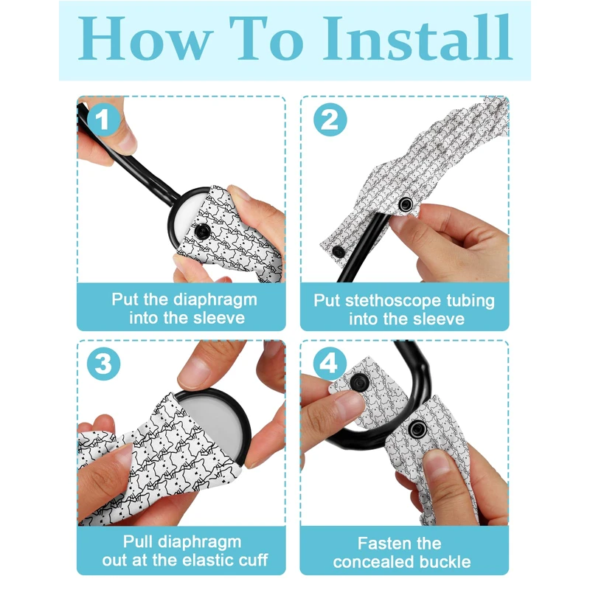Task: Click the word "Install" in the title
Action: point(417,38)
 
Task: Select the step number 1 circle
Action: point(103,119)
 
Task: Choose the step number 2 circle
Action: point(330,119)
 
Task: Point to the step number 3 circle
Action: point(103,364)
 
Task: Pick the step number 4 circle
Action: point(330,364)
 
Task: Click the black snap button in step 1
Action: point(203,231)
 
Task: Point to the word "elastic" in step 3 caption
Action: point(197,560)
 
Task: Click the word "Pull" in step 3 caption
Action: point(139,541)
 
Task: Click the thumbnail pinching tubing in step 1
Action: point(125,139)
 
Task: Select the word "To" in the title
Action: point(266,38)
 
